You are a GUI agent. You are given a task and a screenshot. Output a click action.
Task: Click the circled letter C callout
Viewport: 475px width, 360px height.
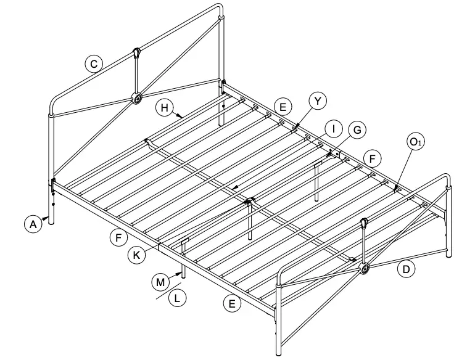(x=93, y=63)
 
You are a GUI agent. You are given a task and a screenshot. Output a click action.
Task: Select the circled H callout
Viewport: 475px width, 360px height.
(x=163, y=108)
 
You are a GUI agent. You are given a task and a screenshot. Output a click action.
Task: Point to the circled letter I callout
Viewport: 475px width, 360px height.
(x=333, y=129)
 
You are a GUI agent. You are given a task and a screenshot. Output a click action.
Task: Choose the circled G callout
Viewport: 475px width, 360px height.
(x=356, y=129)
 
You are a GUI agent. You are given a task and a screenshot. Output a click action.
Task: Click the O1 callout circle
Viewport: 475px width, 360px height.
(x=415, y=142)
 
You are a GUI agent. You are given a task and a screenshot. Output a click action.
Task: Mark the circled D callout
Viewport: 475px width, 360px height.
(x=405, y=269)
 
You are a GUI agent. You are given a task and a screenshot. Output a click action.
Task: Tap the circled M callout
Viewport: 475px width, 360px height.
(x=160, y=282)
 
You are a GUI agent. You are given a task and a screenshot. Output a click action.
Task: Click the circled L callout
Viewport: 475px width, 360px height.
(x=178, y=298)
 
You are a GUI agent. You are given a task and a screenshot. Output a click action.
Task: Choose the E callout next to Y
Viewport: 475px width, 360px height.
(x=283, y=107)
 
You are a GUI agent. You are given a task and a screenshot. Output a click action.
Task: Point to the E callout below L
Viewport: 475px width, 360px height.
(x=232, y=303)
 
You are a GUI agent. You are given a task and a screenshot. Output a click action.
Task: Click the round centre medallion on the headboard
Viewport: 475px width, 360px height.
(x=137, y=98)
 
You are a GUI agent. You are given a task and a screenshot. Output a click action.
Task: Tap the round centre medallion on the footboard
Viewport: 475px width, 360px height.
(x=365, y=268)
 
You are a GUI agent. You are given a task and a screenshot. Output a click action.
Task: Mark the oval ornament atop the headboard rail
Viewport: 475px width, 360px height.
(x=136, y=54)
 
